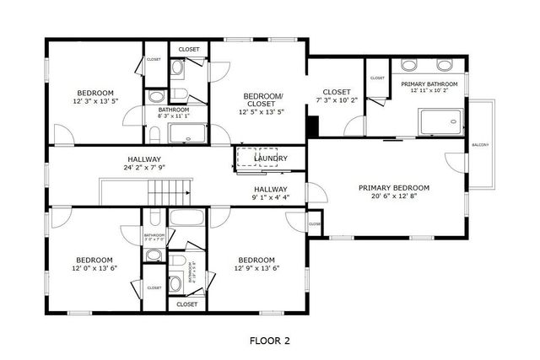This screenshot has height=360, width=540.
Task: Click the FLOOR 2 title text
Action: [x=269, y=341]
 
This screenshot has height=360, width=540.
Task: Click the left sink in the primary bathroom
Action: [x=409, y=65]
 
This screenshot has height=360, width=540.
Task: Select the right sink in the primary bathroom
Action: [x=445, y=65]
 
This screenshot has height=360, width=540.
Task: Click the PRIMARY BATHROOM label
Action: [x=429, y=84]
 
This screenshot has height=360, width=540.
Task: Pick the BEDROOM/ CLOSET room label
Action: [x=262, y=100]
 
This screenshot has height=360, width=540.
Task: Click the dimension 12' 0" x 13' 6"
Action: [x=94, y=269]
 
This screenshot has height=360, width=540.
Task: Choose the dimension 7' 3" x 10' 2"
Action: [x=337, y=100]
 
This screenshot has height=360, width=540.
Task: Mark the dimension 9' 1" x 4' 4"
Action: [x=271, y=198]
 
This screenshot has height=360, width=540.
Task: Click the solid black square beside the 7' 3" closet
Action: [x=313, y=126]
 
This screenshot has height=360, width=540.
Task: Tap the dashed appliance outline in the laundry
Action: [x=250, y=158]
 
